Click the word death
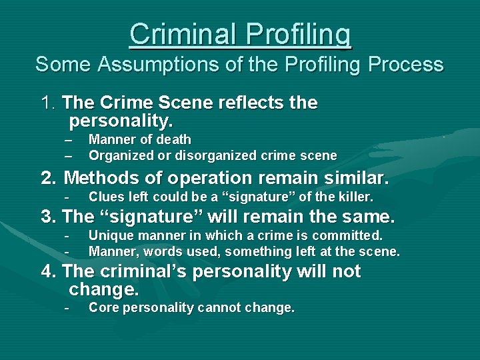coord(174,139)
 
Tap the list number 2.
coord(48,178)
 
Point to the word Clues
coord(105,197)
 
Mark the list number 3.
coord(48,217)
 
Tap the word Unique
coord(109,235)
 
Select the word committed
coord(350,235)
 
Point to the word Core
coord(103,307)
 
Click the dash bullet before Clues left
coord(67,197)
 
